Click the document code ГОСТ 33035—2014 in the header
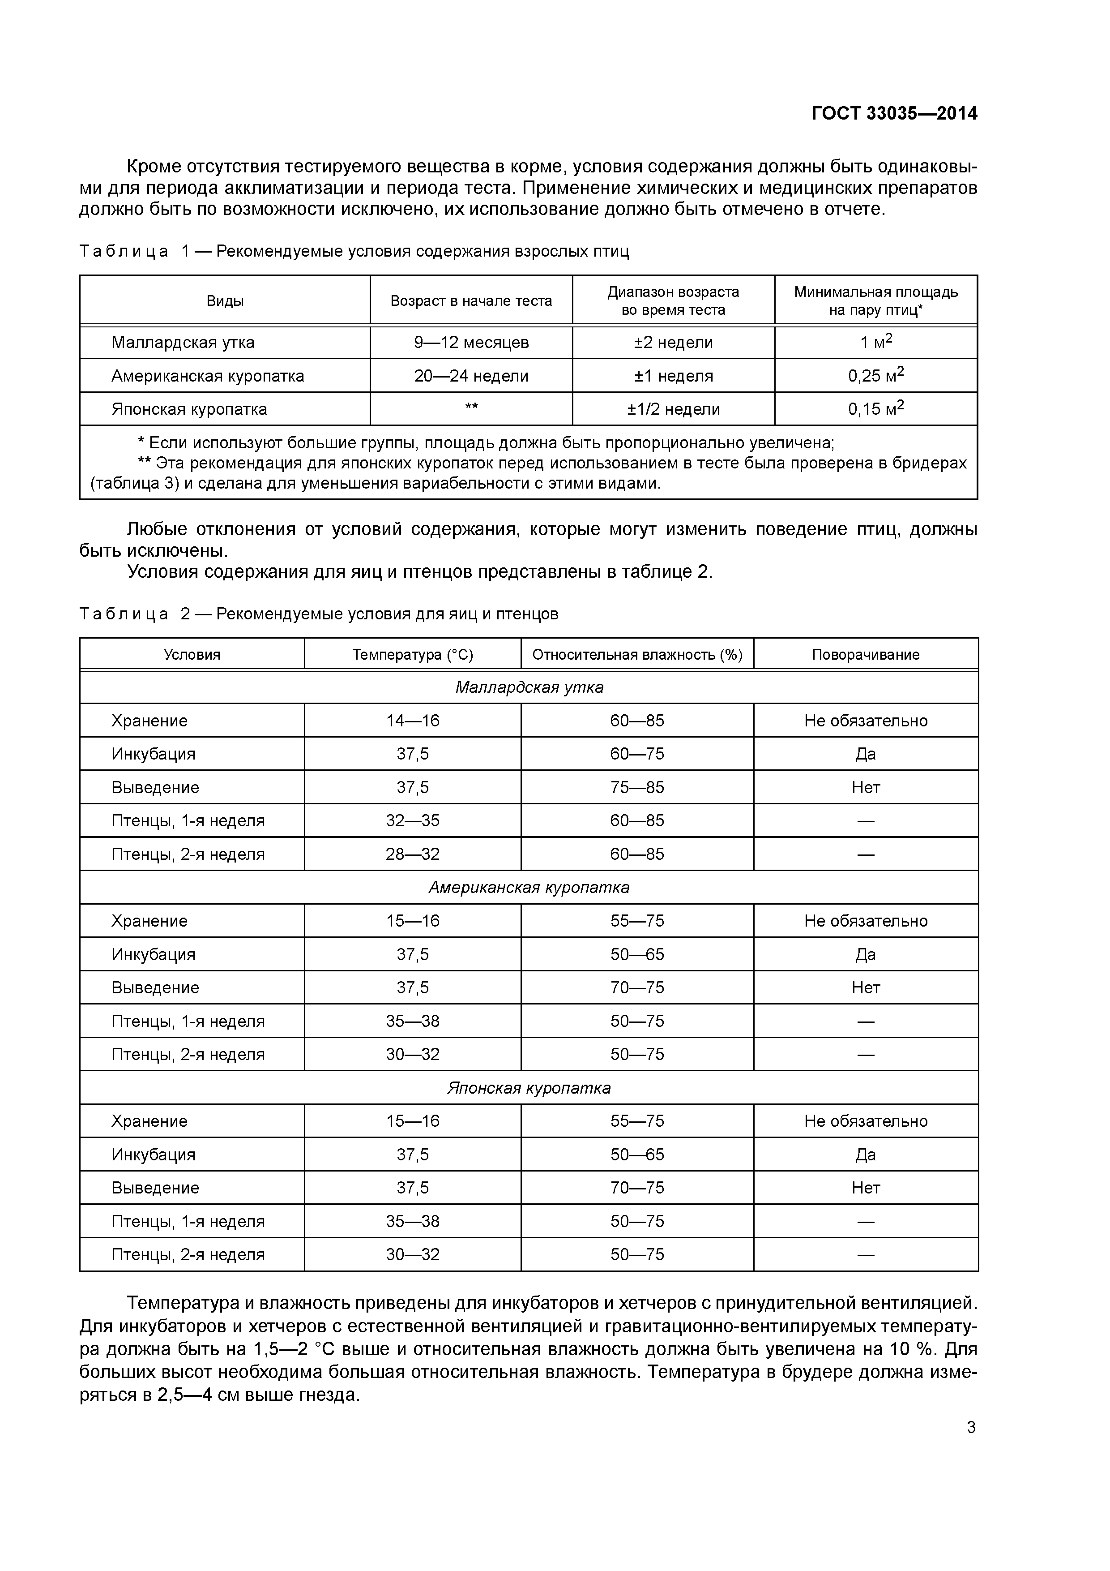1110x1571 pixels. point(894,114)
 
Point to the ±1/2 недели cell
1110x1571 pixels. point(673,409)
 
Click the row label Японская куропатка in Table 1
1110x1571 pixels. point(189,409)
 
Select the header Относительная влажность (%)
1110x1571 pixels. point(637,655)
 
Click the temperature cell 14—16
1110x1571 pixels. point(412,721)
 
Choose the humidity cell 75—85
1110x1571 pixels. point(637,788)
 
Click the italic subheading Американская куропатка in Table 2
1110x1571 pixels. point(529,888)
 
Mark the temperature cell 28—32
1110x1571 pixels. point(412,854)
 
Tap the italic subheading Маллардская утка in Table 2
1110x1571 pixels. point(529,687)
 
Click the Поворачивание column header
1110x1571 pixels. point(865,655)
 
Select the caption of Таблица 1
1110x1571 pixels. point(354,251)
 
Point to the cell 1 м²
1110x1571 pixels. point(875,342)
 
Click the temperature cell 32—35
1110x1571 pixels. point(412,820)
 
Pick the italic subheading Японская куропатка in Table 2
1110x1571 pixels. point(529,1088)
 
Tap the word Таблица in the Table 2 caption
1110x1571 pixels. point(124,614)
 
